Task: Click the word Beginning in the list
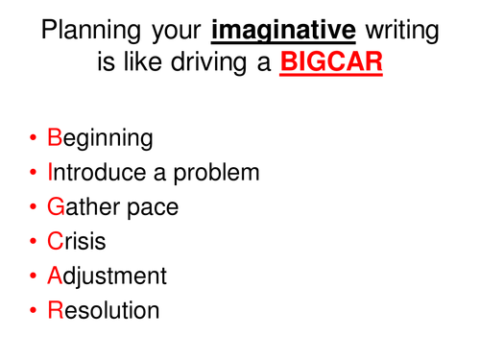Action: click(x=100, y=138)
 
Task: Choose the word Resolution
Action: click(x=103, y=311)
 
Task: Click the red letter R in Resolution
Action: click(x=55, y=311)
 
